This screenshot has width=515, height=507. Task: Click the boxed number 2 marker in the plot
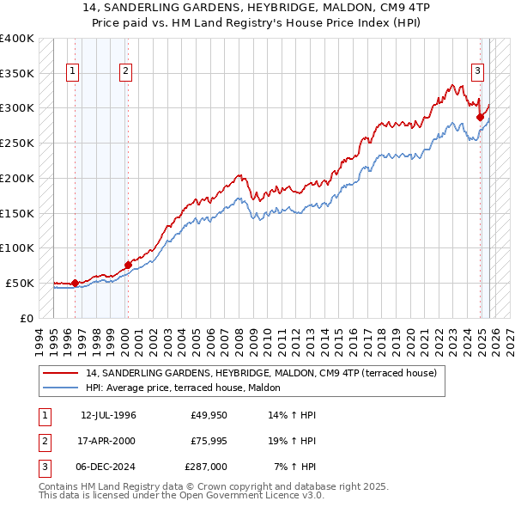125,71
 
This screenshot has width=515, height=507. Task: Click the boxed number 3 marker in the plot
477,71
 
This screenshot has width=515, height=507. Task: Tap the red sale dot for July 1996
75,282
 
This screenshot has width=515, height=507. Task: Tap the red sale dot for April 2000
128,264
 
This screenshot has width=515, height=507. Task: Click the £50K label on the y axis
20,283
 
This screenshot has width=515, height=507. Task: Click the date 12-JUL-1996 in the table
108,415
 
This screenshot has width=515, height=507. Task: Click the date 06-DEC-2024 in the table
109,467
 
